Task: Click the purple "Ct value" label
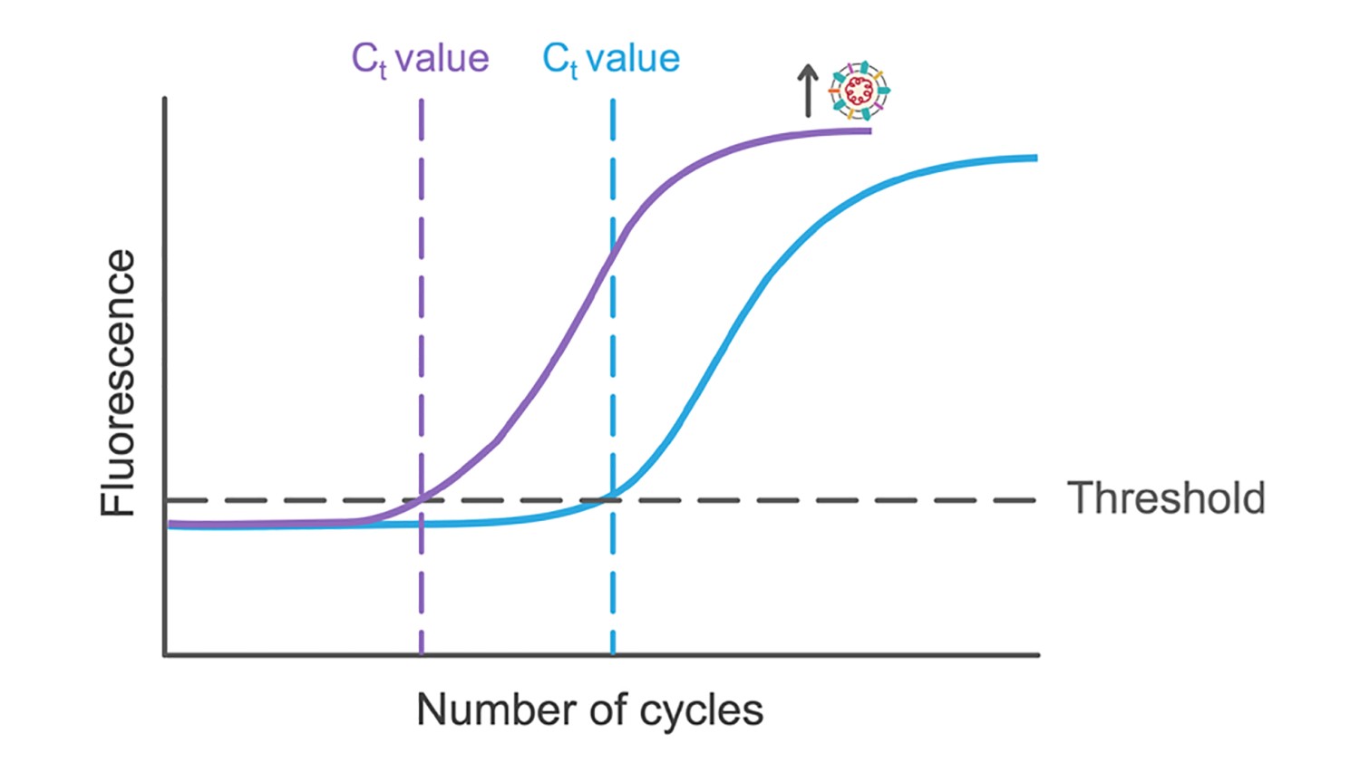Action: point(420,60)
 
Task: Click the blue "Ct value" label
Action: point(611,60)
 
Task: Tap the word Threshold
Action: point(1166,498)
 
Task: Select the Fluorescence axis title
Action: point(118,382)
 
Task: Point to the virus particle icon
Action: point(859,90)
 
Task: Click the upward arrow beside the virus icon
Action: point(808,91)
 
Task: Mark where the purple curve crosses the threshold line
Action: point(422,499)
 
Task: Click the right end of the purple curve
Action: point(869,131)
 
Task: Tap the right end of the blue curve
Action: point(1035,159)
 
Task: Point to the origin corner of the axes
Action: point(165,653)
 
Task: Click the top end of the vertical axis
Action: point(165,99)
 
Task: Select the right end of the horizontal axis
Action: point(1038,653)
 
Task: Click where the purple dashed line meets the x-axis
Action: point(422,653)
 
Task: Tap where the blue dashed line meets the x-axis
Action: point(613,653)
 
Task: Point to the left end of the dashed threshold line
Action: point(169,500)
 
